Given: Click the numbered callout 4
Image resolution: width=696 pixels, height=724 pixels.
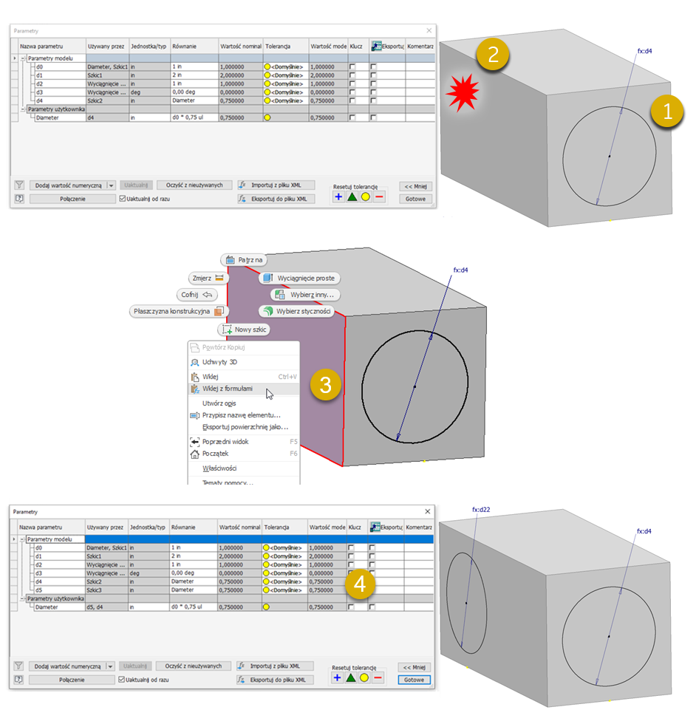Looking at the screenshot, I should pos(360,584).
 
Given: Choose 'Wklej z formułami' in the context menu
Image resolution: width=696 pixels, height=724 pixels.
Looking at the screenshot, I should pos(228,389).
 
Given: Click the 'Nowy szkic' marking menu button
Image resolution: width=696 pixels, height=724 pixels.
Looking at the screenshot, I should pos(246,329).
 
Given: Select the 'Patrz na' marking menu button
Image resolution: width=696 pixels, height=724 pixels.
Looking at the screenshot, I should pos(244,260).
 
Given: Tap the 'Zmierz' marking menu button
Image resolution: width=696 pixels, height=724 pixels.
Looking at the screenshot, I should pos(208,278).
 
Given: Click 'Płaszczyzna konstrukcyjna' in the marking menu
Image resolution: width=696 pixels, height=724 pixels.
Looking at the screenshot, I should pos(177,311).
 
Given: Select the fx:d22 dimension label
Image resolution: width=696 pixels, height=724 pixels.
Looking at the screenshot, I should pos(481,510).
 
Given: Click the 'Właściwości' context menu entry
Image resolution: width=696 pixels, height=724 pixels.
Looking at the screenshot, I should pos(219,468).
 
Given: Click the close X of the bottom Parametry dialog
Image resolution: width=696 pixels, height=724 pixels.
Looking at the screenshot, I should pos(428,511).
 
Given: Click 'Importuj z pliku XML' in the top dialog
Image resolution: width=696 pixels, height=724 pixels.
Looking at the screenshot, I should pos(276,185).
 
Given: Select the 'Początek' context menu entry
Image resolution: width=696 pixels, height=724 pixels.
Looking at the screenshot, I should pos(215,454).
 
